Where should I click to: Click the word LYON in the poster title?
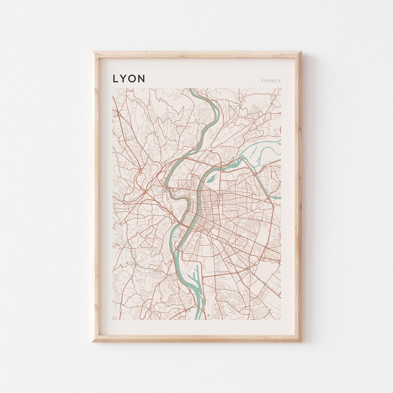point(129,79)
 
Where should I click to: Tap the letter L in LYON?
point(115,79)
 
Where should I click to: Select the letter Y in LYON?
point(124,79)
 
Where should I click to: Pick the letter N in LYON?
point(142,79)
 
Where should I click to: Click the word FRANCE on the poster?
point(271,81)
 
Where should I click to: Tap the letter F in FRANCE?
point(262,81)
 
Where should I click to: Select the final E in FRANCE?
point(280,81)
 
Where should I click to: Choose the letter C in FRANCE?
point(276,81)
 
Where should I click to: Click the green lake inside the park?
point(211,178)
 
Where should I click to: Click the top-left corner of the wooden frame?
point(93,52)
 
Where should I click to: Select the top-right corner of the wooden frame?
point(301,52)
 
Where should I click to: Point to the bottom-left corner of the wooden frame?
point(93,341)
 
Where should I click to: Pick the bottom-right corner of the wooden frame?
point(301,341)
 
